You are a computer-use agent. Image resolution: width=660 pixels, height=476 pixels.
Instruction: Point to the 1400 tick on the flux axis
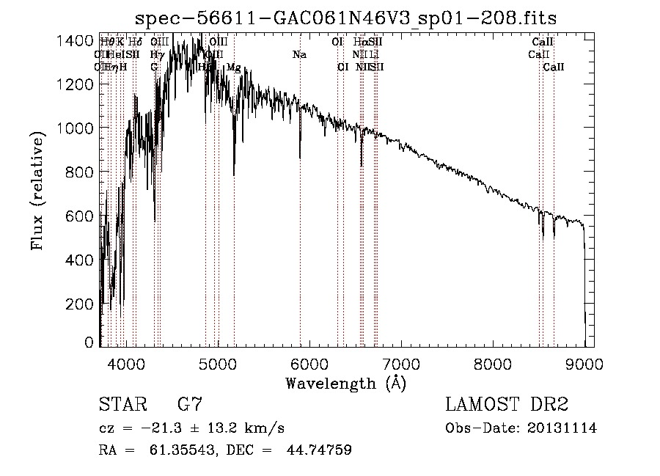click(x=76, y=40)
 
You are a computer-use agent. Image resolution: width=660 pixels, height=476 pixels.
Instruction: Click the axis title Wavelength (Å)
click(x=345, y=383)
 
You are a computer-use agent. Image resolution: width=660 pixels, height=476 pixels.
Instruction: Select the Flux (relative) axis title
click(x=37, y=191)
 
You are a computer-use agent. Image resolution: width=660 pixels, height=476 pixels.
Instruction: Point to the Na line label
click(x=299, y=55)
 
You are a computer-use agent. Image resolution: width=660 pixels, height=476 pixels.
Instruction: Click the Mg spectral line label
click(x=233, y=67)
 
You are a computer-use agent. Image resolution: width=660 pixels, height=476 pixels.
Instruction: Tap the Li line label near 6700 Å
click(x=374, y=55)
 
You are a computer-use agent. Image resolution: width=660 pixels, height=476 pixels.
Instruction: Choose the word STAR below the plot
click(x=122, y=405)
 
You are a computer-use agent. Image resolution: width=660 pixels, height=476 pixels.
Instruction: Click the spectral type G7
click(x=189, y=405)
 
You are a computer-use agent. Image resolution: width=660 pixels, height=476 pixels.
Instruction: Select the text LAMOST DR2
click(x=506, y=405)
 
